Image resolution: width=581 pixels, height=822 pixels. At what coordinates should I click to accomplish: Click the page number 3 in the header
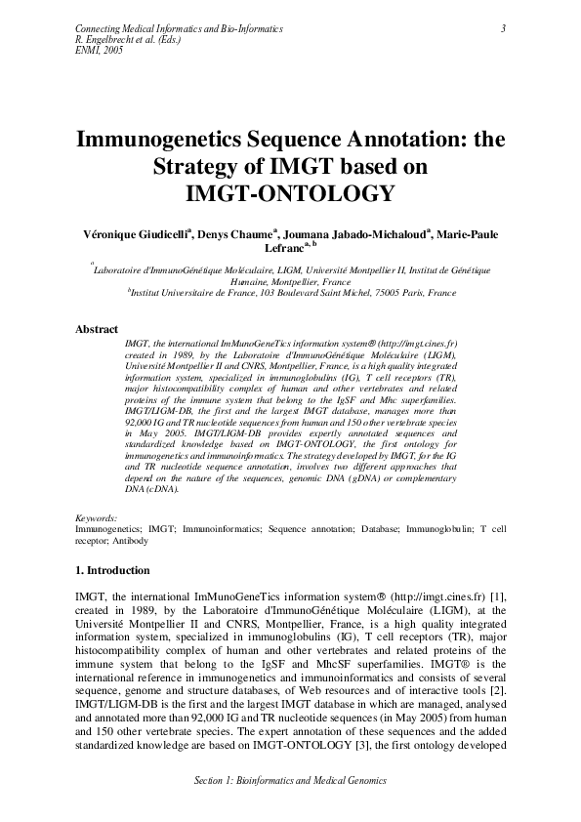tap(502, 29)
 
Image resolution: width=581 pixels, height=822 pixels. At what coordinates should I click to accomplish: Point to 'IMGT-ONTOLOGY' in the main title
tap(290, 193)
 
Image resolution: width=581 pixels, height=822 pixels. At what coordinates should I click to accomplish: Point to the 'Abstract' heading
tap(97, 330)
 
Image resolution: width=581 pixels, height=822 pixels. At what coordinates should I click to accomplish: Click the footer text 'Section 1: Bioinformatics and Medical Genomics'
tap(290, 781)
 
